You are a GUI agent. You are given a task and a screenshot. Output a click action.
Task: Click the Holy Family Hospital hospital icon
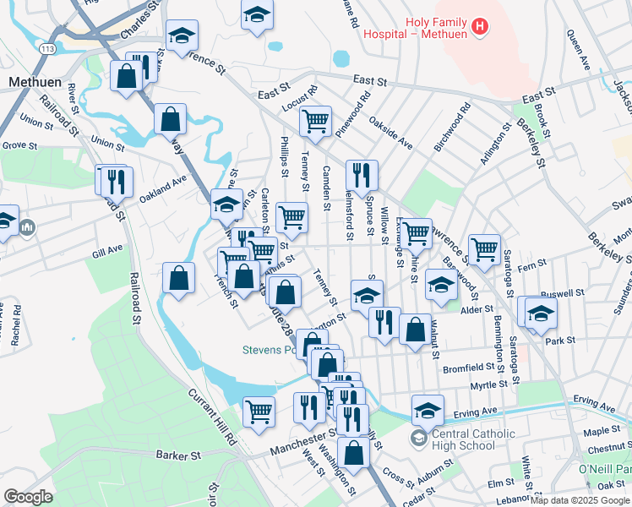480,27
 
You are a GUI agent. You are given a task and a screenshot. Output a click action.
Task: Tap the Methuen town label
31,82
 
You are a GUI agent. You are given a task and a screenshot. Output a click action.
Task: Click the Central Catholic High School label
462,440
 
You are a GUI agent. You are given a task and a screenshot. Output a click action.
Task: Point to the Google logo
28,497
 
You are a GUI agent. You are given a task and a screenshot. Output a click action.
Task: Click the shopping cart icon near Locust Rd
315,120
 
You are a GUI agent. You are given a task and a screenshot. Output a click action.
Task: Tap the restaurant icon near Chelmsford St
362,175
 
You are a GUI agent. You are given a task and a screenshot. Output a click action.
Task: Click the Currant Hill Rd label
211,417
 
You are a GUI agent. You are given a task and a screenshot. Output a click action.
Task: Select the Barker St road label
177,454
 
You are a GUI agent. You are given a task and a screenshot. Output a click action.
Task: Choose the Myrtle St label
489,384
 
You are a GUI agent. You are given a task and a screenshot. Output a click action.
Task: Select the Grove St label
19,145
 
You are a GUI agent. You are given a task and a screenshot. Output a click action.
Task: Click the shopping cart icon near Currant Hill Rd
259,411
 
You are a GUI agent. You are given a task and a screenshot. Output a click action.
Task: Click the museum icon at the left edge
27,227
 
